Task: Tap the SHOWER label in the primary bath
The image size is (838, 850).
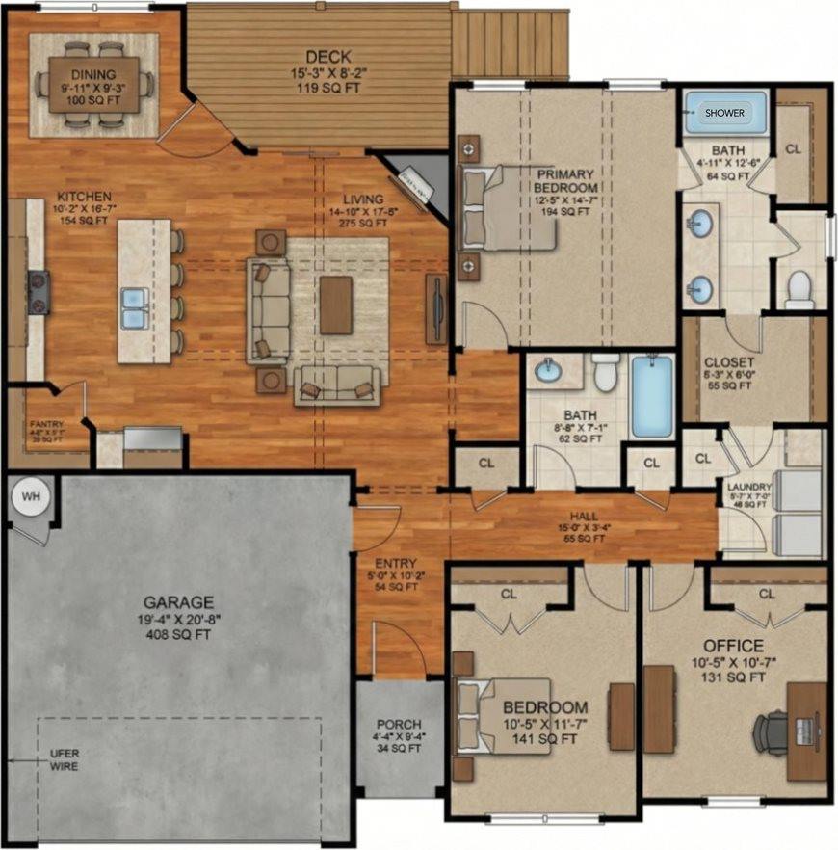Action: pyautogui.click(x=724, y=113)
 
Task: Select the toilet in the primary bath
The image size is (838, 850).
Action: pyautogui.click(x=799, y=288)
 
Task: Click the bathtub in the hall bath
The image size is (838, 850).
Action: pyautogui.click(x=652, y=396)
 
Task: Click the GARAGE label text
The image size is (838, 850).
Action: pyautogui.click(x=178, y=599)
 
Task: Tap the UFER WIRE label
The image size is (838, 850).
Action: pyautogui.click(x=64, y=760)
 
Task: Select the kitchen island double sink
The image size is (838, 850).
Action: pyautogui.click(x=134, y=307)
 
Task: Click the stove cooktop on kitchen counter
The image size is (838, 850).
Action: pyautogui.click(x=39, y=292)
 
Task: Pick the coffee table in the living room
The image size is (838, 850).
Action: pyautogui.click(x=336, y=305)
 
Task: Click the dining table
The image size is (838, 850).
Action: pyautogui.click(x=93, y=84)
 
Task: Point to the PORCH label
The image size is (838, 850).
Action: pyautogui.click(x=398, y=724)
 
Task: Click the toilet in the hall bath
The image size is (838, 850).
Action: pyautogui.click(x=605, y=371)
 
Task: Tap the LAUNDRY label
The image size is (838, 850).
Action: pyautogui.click(x=749, y=488)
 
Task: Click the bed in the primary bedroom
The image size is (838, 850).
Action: pyautogui.click(x=501, y=208)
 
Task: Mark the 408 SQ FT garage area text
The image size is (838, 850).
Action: pyautogui.click(x=178, y=635)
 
